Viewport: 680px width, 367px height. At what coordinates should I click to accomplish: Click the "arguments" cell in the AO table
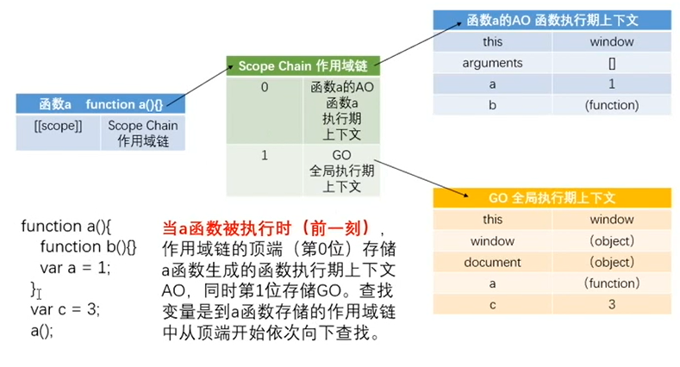pyautogui.click(x=492, y=63)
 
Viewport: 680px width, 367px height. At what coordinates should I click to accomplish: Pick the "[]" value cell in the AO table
pyautogui.click(x=611, y=63)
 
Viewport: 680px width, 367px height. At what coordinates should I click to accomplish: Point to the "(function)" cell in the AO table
pyautogui.click(x=611, y=105)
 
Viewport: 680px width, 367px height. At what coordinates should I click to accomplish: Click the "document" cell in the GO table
pyautogui.click(x=492, y=262)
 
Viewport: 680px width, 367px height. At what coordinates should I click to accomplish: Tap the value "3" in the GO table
pyautogui.click(x=611, y=304)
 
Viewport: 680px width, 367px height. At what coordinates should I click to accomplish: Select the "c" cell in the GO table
pyautogui.click(x=492, y=304)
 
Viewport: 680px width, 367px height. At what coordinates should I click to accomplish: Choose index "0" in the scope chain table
pyautogui.click(x=265, y=88)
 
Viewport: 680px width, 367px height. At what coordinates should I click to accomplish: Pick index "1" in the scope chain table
pyautogui.click(x=265, y=155)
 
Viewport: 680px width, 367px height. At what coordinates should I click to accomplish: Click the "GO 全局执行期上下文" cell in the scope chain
pyautogui.click(x=341, y=171)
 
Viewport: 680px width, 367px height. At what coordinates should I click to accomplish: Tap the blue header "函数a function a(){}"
pyautogui.click(x=100, y=104)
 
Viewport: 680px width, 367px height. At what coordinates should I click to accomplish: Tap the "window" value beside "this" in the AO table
pyautogui.click(x=611, y=41)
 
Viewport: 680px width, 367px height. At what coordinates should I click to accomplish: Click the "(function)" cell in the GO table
pyautogui.click(x=611, y=283)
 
